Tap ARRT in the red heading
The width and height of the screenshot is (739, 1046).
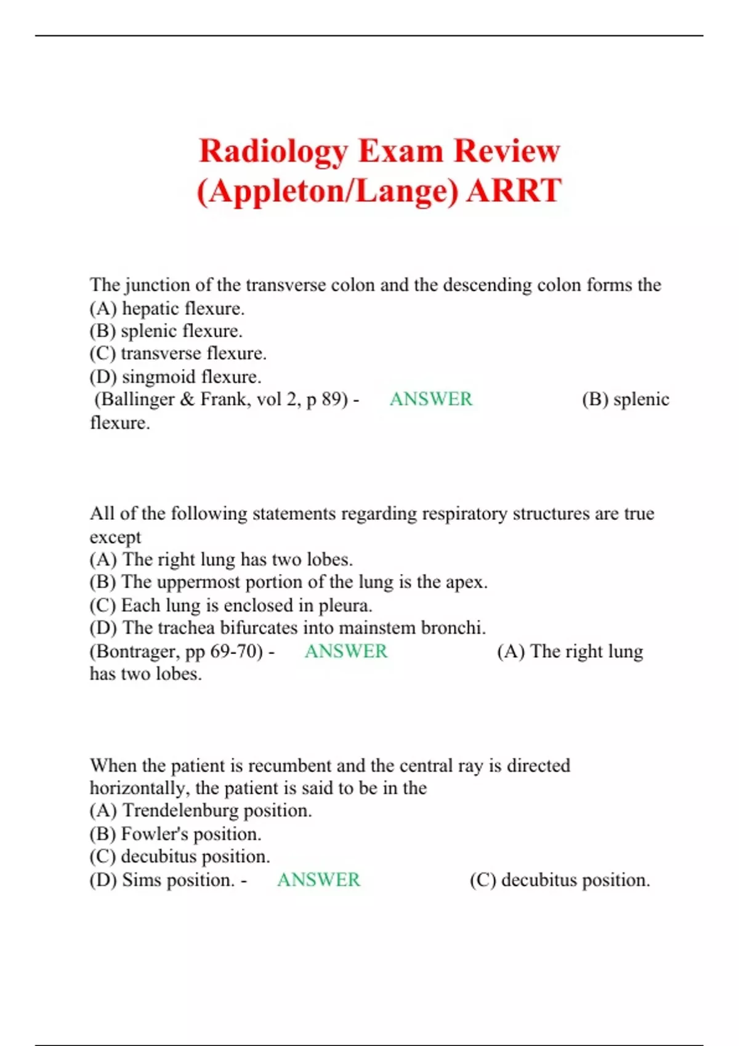[514, 190]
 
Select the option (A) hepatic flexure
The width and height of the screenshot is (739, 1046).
[167, 308]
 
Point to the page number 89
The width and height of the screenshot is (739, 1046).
[331, 399]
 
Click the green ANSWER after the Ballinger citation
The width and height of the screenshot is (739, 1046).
[430, 399]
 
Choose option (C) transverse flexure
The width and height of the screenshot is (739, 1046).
[178, 354]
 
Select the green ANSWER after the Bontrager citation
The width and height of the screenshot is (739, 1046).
[346, 651]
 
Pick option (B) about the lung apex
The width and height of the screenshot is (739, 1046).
[288, 582]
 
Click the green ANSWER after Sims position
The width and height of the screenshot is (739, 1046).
[318, 880]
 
